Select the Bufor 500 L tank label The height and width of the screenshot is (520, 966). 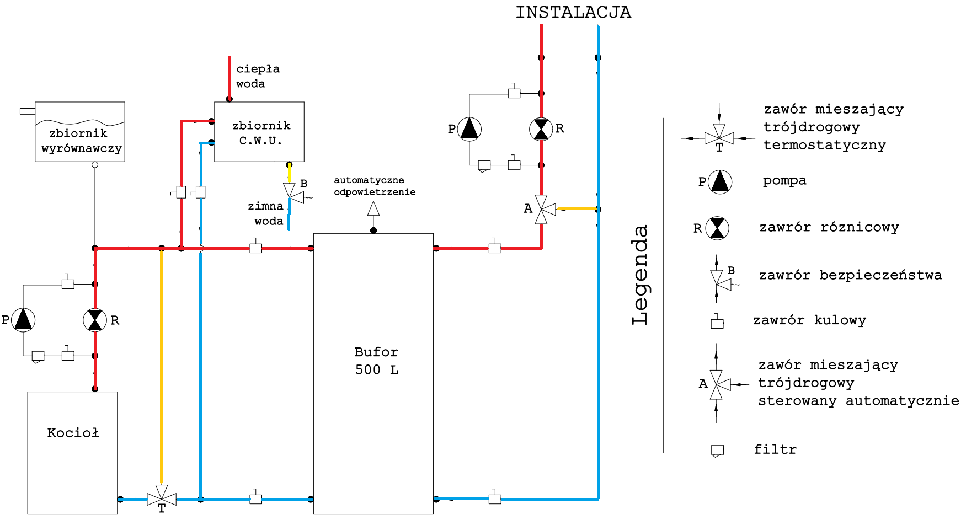376,361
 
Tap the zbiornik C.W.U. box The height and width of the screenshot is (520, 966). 259,132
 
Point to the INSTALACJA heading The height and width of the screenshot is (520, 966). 573,12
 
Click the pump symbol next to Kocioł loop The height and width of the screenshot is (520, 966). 23,320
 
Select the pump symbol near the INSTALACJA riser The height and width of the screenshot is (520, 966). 469,129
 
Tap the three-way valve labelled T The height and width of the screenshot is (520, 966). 162,498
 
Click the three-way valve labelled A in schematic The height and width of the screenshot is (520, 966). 542,210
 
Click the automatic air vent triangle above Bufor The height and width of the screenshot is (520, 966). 373,209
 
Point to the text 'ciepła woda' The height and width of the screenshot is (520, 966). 258,76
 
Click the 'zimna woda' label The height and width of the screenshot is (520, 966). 266,213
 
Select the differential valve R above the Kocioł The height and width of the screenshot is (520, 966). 95,320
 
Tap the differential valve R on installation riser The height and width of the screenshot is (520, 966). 541,129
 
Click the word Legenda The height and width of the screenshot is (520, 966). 640,275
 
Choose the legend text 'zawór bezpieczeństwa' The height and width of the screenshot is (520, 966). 850,275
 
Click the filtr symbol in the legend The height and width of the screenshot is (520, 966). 717,451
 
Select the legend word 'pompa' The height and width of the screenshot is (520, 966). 784,181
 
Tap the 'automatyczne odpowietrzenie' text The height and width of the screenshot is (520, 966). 375,186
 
